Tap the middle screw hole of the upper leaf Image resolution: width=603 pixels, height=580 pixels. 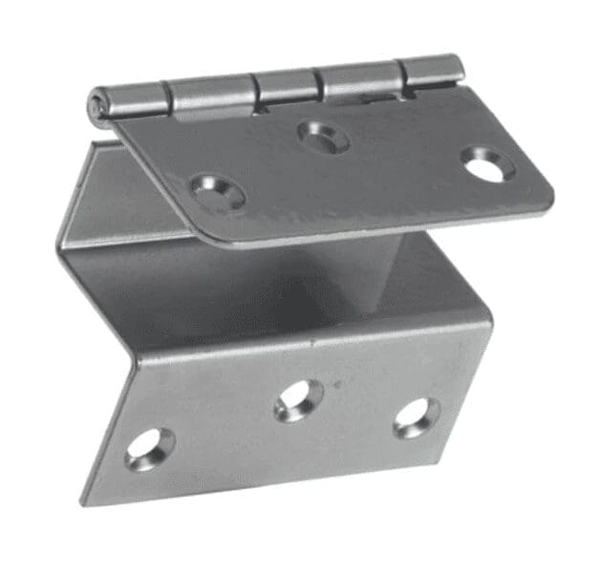[x=323, y=137]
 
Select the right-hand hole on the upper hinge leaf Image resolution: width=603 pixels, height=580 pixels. [x=487, y=164]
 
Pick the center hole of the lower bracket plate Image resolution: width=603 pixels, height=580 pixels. [x=298, y=399]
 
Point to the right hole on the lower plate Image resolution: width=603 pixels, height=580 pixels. [x=417, y=417]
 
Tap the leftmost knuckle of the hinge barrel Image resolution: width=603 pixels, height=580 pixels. [x=134, y=97]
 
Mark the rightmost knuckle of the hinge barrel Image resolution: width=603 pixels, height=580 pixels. [x=433, y=71]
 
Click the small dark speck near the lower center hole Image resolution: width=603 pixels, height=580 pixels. [x=334, y=385]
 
